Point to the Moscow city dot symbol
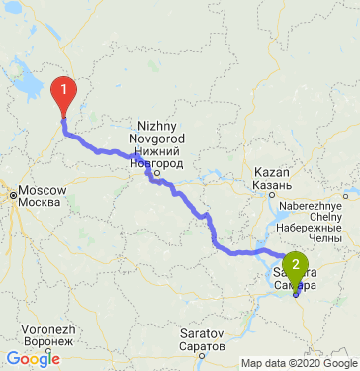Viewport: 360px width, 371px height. coord(15,196)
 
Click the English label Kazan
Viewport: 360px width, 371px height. coord(270,171)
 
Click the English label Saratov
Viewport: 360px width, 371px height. coord(202,335)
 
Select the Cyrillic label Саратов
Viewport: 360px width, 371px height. coord(202,348)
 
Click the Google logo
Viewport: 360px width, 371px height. coord(33,360)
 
